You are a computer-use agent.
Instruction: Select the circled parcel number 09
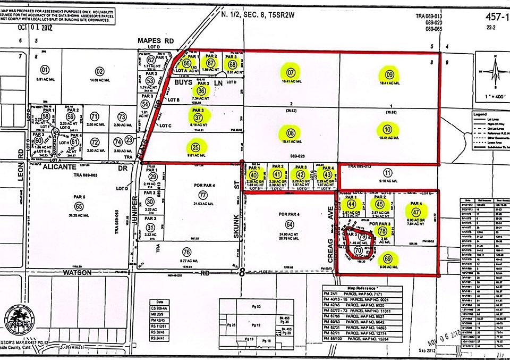pos(389,73)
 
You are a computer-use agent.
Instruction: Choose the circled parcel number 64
pos(289,224)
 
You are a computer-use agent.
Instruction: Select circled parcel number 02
pos(99,70)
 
